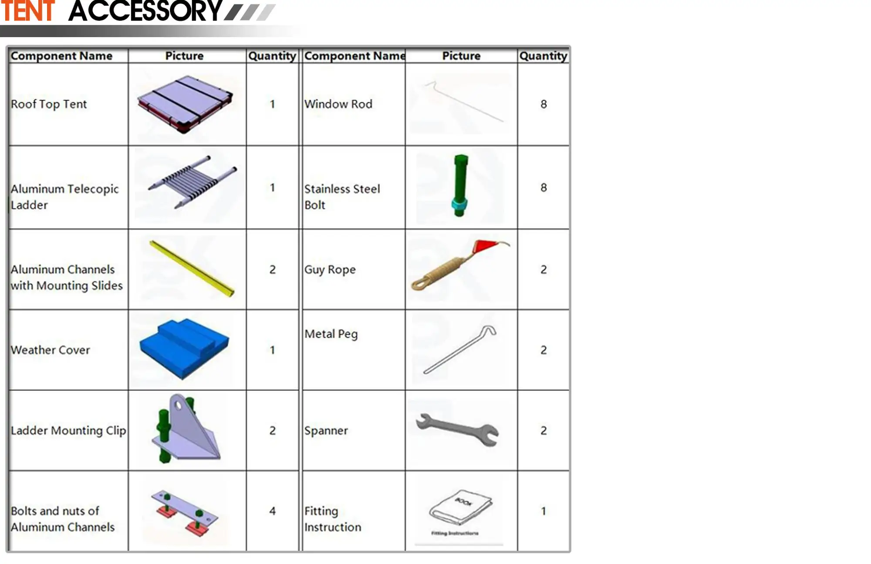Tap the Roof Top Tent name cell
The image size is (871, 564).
[49, 104]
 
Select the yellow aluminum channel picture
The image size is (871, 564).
[192, 268]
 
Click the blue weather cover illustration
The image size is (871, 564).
[184, 348]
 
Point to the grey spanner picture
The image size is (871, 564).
[457, 429]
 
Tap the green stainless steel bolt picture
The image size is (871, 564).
[460, 185]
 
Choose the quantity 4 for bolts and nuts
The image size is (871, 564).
[272, 511]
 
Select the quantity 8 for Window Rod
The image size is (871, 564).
[544, 104]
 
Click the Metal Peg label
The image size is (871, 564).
[331, 334]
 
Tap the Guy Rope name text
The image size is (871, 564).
[330, 270]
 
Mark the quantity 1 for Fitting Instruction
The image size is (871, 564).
[544, 511]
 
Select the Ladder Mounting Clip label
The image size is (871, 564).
[68, 431]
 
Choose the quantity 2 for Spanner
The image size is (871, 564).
[544, 431]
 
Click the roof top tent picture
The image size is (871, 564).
[185, 105]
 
